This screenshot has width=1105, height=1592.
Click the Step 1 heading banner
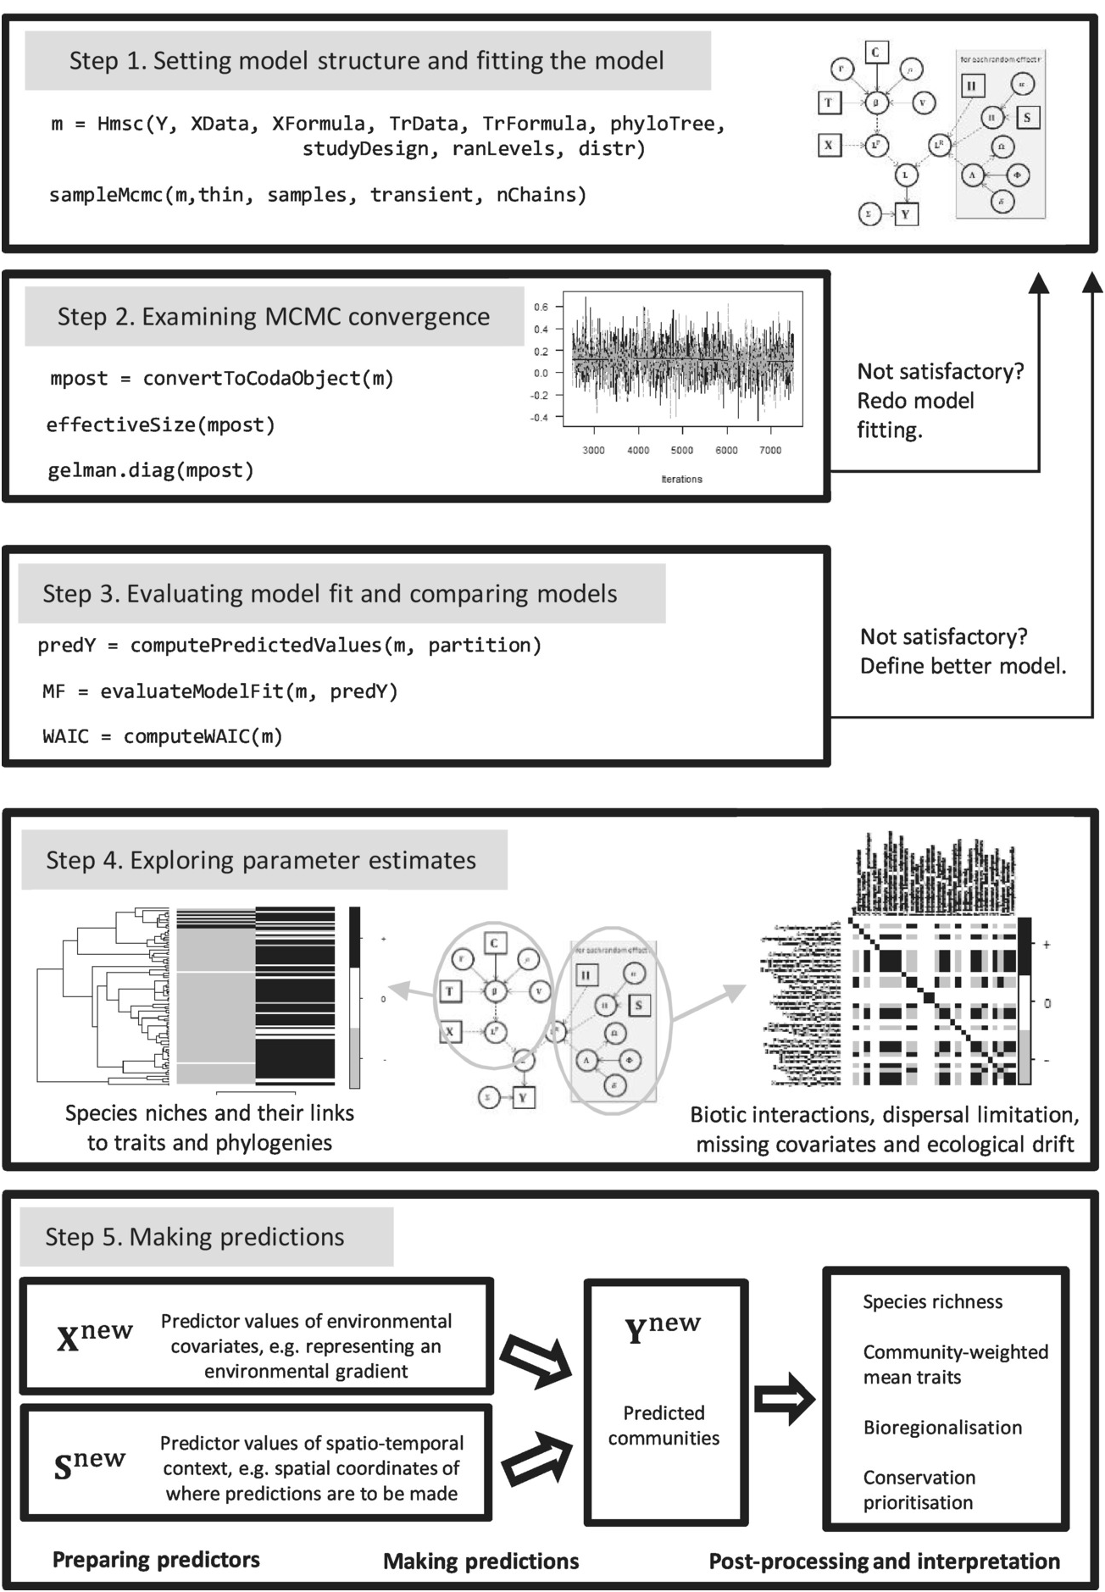[x=367, y=61]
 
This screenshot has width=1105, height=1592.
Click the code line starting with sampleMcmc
[x=318, y=195]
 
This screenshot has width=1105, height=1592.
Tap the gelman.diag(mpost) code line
[x=151, y=470]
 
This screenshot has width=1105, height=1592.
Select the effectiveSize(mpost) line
[x=161, y=424]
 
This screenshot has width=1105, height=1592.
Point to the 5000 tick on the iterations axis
[x=681, y=450]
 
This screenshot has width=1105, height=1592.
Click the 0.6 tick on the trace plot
[x=541, y=307]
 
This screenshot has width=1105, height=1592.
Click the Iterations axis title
[x=681, y=479]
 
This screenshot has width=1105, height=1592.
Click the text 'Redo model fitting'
[x=915, y=415]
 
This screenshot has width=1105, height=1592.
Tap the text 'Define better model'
[x=963, y=666]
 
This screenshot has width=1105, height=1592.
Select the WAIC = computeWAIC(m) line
[x=163, y=736]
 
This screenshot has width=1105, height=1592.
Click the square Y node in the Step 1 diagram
[x=906, y=214]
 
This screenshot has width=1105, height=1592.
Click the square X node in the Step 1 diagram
[x=828, y=145]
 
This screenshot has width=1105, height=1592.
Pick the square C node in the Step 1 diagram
[x=875, y=53]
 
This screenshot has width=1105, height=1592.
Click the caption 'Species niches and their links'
[x=209, y=1113]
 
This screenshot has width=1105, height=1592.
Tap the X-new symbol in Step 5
[x=94, y=1336]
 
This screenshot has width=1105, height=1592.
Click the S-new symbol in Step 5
[x=89, y=1464]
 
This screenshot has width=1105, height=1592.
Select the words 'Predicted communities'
[x=664, y=1425]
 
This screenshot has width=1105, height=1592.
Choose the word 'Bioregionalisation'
[x=942, y=1428]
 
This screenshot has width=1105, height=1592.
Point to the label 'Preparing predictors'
[x=156, y=1560]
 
